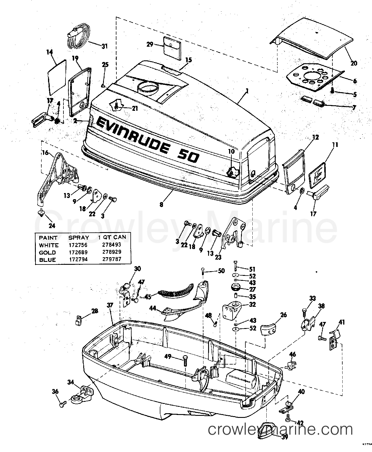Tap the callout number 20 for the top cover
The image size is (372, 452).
click(354, 63)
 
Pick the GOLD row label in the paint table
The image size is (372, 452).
click(47, 253)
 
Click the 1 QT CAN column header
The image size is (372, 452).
click(112, 237)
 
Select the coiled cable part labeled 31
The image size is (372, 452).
click(78, 36)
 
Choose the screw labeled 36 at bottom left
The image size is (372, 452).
click(62, 404)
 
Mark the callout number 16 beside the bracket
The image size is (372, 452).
click(45, 153)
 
